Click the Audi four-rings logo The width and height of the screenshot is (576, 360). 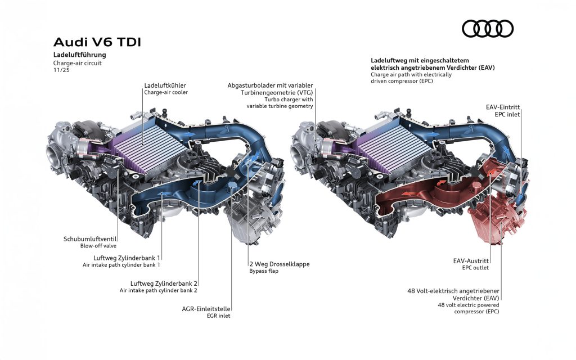pyautogui.click(x=488, y=29)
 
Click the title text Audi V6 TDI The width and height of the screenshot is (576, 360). pyautogui.click(x=97, y=42)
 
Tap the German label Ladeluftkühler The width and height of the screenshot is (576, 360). pyautogui.click(x=165, y=85)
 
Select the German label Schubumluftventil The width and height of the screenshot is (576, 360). pyautogui.click(x=90, y=239)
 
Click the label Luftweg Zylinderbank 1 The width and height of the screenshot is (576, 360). pyautogui.click(x=127, y=258)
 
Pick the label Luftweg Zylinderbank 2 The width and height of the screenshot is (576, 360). pyautogui.click(x=164, y=283)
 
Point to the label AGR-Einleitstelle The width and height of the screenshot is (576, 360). pyautogui.click(x=206, y=309)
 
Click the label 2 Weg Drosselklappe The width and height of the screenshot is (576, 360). pyautogui.click(x=280, y=264)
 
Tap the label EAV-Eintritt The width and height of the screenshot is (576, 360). pyautogui.click(x=503, y=107)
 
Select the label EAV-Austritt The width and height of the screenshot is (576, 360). pyautogui.click(x=471, y=261)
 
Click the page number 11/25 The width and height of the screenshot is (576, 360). pyautogui.click(x=61, y=70)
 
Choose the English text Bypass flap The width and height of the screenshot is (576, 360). pyautogui.click(x=264, y=271)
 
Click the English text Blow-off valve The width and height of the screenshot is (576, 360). pyautogui.click(x=98, y=246)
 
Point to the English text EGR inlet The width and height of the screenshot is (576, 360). pyautogui.click(x=219, y=316)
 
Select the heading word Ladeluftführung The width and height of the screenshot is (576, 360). pyautogui.click(x=80, y=55)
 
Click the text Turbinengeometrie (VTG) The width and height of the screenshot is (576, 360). pyautogui.click(x=277, y=93)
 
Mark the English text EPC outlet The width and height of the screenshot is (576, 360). pyautogui.click(x=475, y=268)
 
